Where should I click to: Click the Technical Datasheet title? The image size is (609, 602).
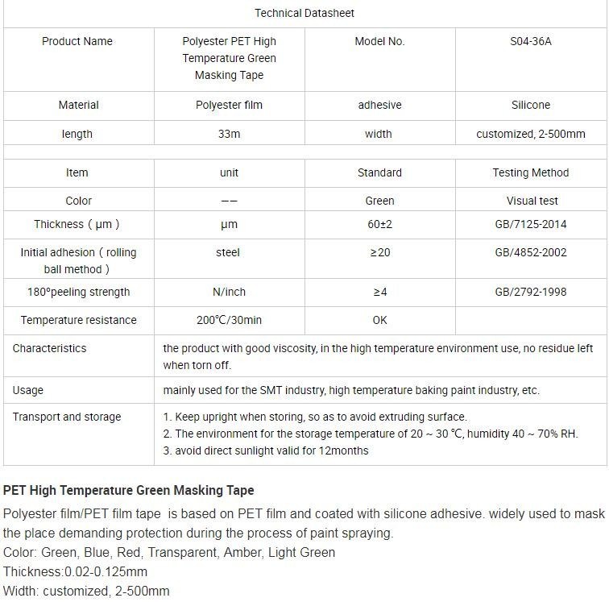(304, 13)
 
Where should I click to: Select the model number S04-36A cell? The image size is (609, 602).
(531, 41)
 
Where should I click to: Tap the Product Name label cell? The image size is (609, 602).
(77, 41)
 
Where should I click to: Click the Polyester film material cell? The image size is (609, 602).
(229, 105)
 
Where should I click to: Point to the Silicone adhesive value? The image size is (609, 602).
(531, 105)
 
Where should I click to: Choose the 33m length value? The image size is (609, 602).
(229, 134)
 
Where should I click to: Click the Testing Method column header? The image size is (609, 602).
(531, 172)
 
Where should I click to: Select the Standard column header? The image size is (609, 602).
(379, 172)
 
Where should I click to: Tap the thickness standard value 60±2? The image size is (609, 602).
(379, 224)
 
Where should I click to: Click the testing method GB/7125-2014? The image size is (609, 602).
(531, 224)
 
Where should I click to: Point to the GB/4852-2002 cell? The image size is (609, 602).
(531, 252)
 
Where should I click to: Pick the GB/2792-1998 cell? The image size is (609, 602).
(531, 292)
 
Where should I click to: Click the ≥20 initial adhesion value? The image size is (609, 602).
(379, 252)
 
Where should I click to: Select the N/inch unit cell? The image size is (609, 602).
(229, 292)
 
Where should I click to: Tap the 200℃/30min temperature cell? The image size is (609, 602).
(229, 320)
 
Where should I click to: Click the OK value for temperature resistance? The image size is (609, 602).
(379, 320)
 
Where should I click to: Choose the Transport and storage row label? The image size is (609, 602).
(67, 417)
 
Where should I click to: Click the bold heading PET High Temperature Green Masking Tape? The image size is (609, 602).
(129, 490)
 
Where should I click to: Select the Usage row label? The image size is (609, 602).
(28, 390)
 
